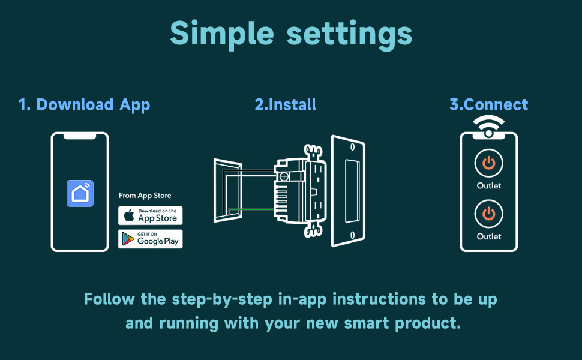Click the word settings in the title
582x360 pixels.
coord(349,34)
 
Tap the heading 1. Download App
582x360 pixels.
coord(84,104)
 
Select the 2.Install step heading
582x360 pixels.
coord(286,104)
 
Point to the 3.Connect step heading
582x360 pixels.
coord(489,104)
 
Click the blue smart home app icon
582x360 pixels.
coord(80,193)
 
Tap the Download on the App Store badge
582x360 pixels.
coord(150,215)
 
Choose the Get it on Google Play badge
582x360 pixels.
coord(150,239)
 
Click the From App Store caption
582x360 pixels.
coord(145,196)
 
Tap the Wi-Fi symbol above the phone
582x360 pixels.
coord(488,125)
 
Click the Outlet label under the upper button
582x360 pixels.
coord(489,186)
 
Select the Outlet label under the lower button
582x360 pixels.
coord(489,236)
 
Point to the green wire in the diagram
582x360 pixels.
coord(252,209)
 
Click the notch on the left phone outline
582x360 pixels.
coord(80,137)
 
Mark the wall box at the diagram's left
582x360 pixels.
coord(227,190)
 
